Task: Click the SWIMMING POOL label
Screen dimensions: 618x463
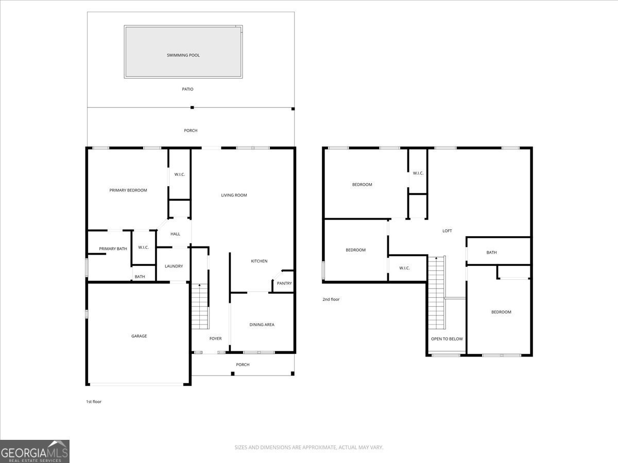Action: [x=183, y=55]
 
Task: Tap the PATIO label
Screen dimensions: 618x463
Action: [x=187, y=89]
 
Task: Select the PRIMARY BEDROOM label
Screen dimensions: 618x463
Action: [x=128, y=190]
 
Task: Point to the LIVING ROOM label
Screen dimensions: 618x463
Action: [x=234, y=195]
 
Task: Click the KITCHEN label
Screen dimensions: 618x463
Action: [x=260, y=261]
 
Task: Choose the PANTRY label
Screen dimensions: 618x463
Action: [x=284, y=283]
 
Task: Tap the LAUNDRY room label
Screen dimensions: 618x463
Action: [x=174, y=266]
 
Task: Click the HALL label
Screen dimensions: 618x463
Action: [x=175, y=234]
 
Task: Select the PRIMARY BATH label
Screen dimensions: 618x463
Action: [x=113, y=249]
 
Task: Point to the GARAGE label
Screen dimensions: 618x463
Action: [x=139, y=336]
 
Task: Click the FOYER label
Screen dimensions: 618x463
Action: [x=215, y=339]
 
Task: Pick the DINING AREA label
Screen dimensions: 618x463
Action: [x=262, y=325]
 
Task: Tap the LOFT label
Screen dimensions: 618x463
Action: [x=447, y=231]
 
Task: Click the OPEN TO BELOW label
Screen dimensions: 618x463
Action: [x=447, y=339]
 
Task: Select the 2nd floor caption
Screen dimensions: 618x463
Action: [x=331, y=299]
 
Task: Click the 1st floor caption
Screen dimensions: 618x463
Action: [x=94, y=402]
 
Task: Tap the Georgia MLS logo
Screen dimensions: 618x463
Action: [x=35, y=452]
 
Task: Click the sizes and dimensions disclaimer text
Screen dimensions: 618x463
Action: [x=309, y=447]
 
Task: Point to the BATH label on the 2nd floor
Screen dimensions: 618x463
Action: [x=492, y=253]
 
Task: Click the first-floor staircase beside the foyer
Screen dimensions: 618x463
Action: [x=200, y=306]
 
